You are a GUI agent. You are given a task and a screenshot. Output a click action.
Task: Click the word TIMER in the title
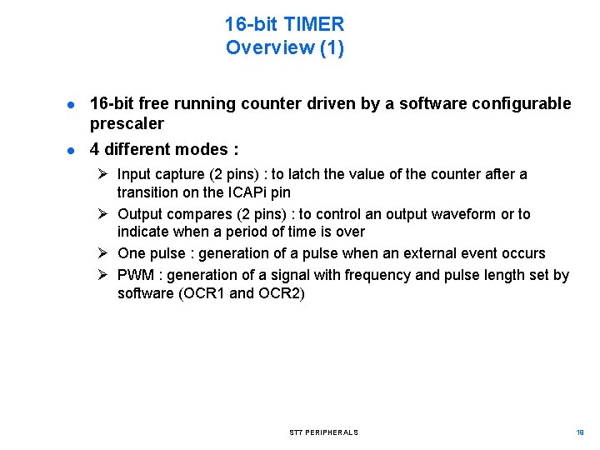click(314, 24)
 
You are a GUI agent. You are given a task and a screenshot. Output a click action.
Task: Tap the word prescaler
click(127, 123)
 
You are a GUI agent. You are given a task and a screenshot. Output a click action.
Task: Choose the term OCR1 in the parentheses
click(205, 293)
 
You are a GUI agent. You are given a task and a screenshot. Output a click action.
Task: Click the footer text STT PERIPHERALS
click(324, 432)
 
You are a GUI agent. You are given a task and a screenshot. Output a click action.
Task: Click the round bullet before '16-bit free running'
click(73, 104)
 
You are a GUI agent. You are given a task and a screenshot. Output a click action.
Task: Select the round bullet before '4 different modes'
click(73, 151)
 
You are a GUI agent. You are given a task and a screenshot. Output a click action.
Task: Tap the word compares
click(190, 214)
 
